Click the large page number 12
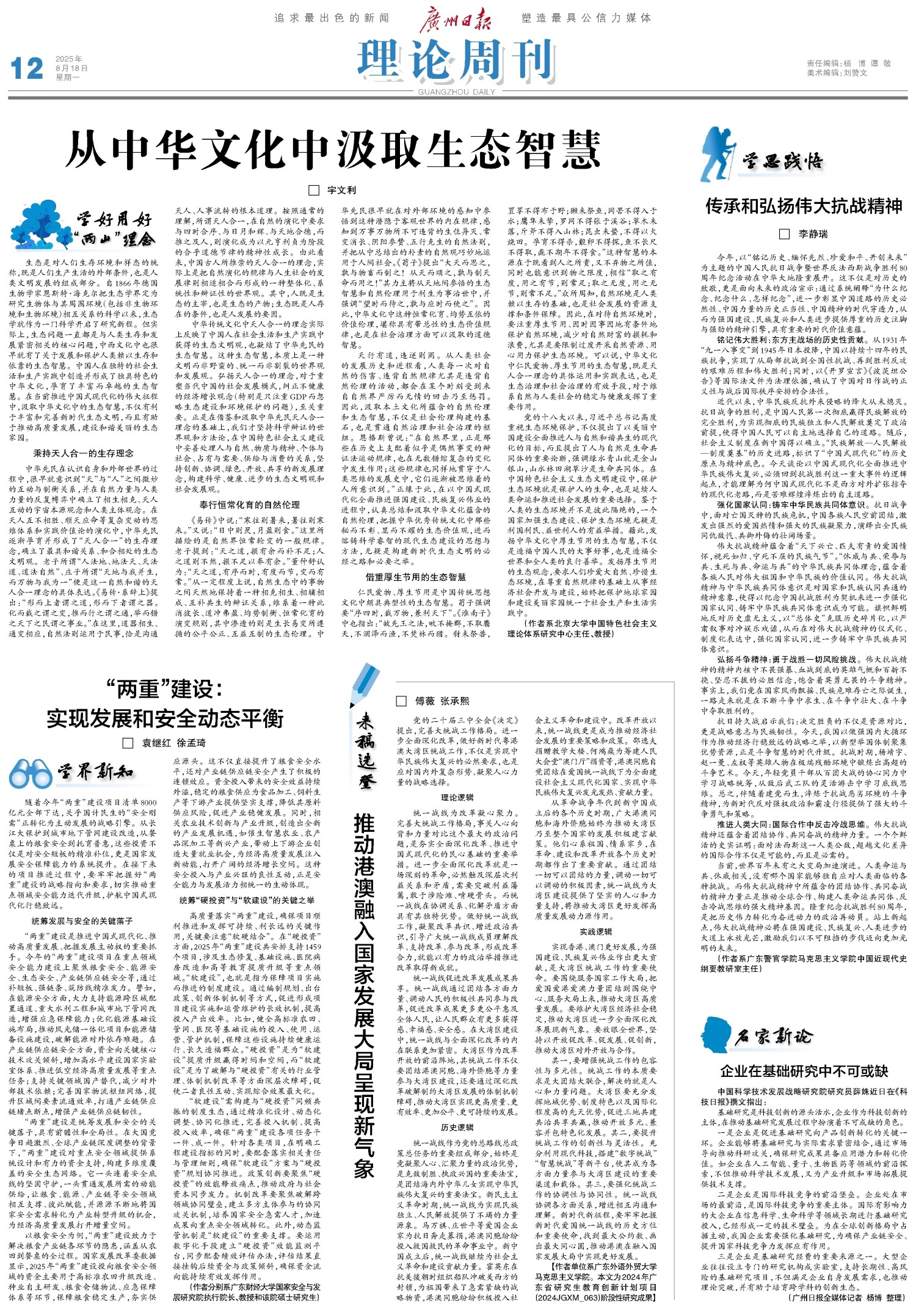tap(27, 68)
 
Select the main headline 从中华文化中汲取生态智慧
tap(333, 150)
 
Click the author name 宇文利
tap(341, 191)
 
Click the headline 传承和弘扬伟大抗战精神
tap(804, 206)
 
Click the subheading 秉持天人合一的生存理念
tap(83, 453)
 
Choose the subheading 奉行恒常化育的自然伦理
tap(249, 505)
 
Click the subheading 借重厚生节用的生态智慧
tap(415, 577)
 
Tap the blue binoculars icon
tap(30, 774)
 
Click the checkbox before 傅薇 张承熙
tap(401, 701)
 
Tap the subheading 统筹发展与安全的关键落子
tap(82, 921)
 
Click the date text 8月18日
tap(71, 68)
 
